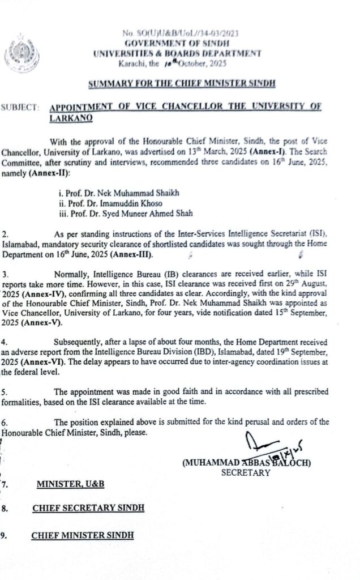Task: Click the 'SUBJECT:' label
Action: point(21,107)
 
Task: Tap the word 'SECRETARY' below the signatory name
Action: point(246,473)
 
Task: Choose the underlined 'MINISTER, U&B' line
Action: point(70,484)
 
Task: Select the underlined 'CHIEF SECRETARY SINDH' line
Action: point(88,508)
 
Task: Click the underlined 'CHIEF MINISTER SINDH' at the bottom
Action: point(83,535)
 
